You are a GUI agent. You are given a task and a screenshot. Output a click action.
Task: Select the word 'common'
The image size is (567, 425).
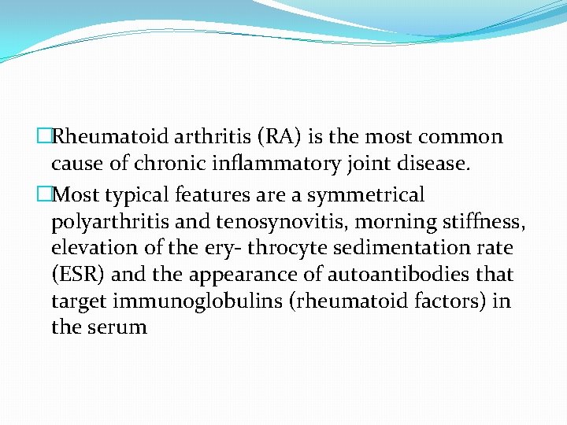coord(461,137)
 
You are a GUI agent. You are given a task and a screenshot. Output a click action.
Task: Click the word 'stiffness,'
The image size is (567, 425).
coord(484,221)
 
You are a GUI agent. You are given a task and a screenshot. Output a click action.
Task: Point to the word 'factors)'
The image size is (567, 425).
coord(460,301)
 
